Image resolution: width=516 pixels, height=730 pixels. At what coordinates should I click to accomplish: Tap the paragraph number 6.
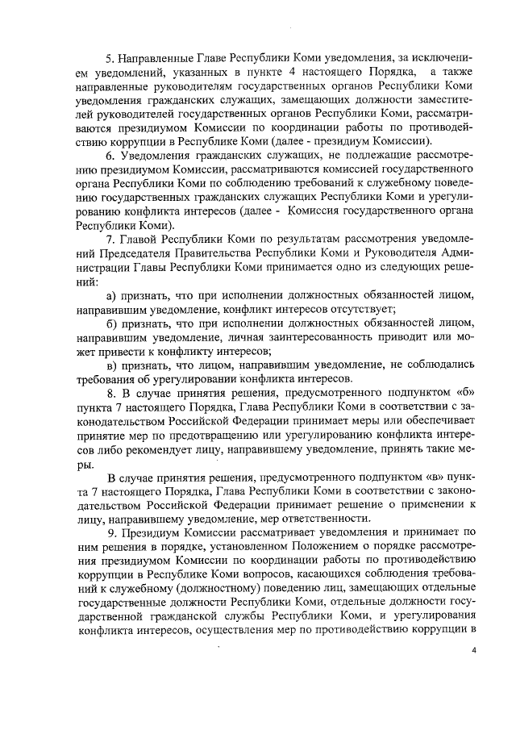112,154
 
